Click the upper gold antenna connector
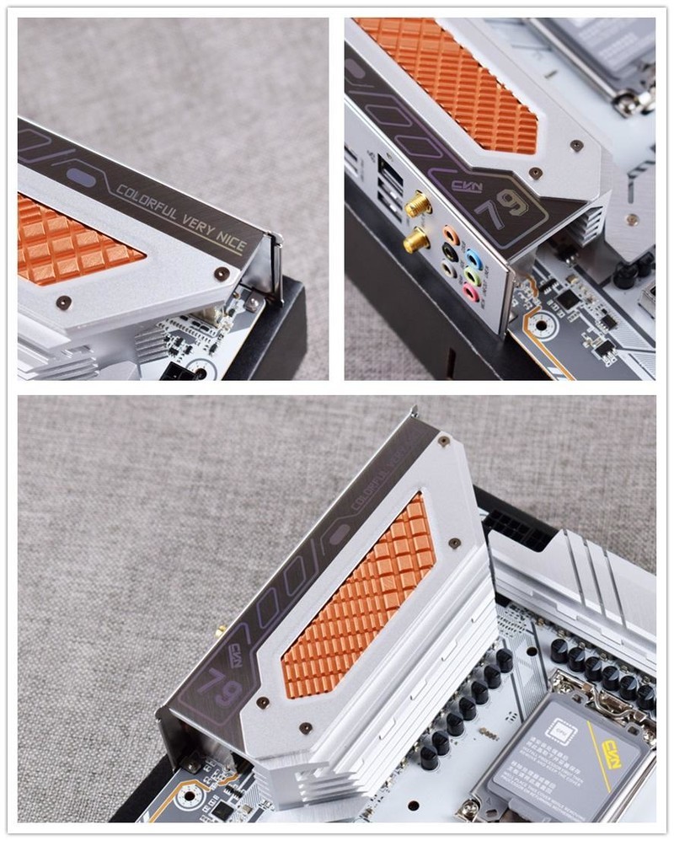click(415, 205)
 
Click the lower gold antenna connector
click(415, 241)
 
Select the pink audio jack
click(469, 292)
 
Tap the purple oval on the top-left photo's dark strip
click(81, 177)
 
